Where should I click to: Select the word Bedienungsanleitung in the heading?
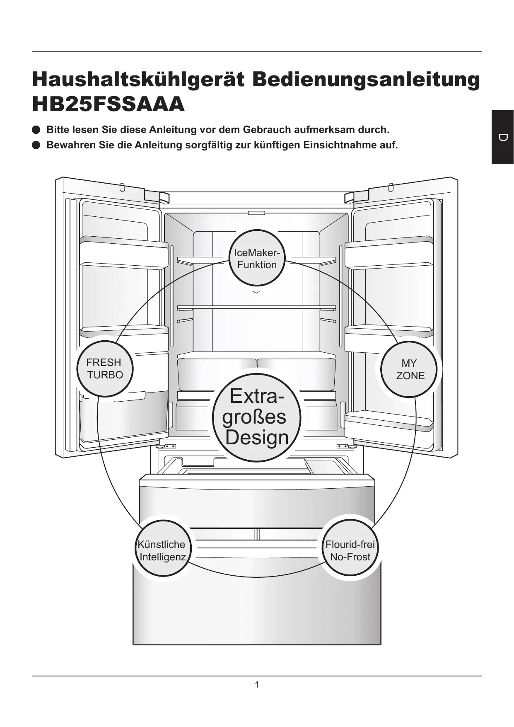coord(366,80)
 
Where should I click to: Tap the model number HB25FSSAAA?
coord(108,104)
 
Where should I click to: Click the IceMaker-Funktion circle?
coord(257,258)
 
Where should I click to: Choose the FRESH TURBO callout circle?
coord(105,368)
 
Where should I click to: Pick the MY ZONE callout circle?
coord(410,369)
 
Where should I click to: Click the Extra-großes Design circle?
coord(256,417)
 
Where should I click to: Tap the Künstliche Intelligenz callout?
coord(162,550)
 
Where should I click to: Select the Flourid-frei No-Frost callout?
coord(350,550)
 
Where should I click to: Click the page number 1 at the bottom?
coord(257,685)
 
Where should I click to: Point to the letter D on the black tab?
coord(503,138)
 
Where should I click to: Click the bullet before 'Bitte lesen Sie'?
coord(36,130)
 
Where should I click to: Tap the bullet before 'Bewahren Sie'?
coord(36,145)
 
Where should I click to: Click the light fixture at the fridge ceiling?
coord(256,213)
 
